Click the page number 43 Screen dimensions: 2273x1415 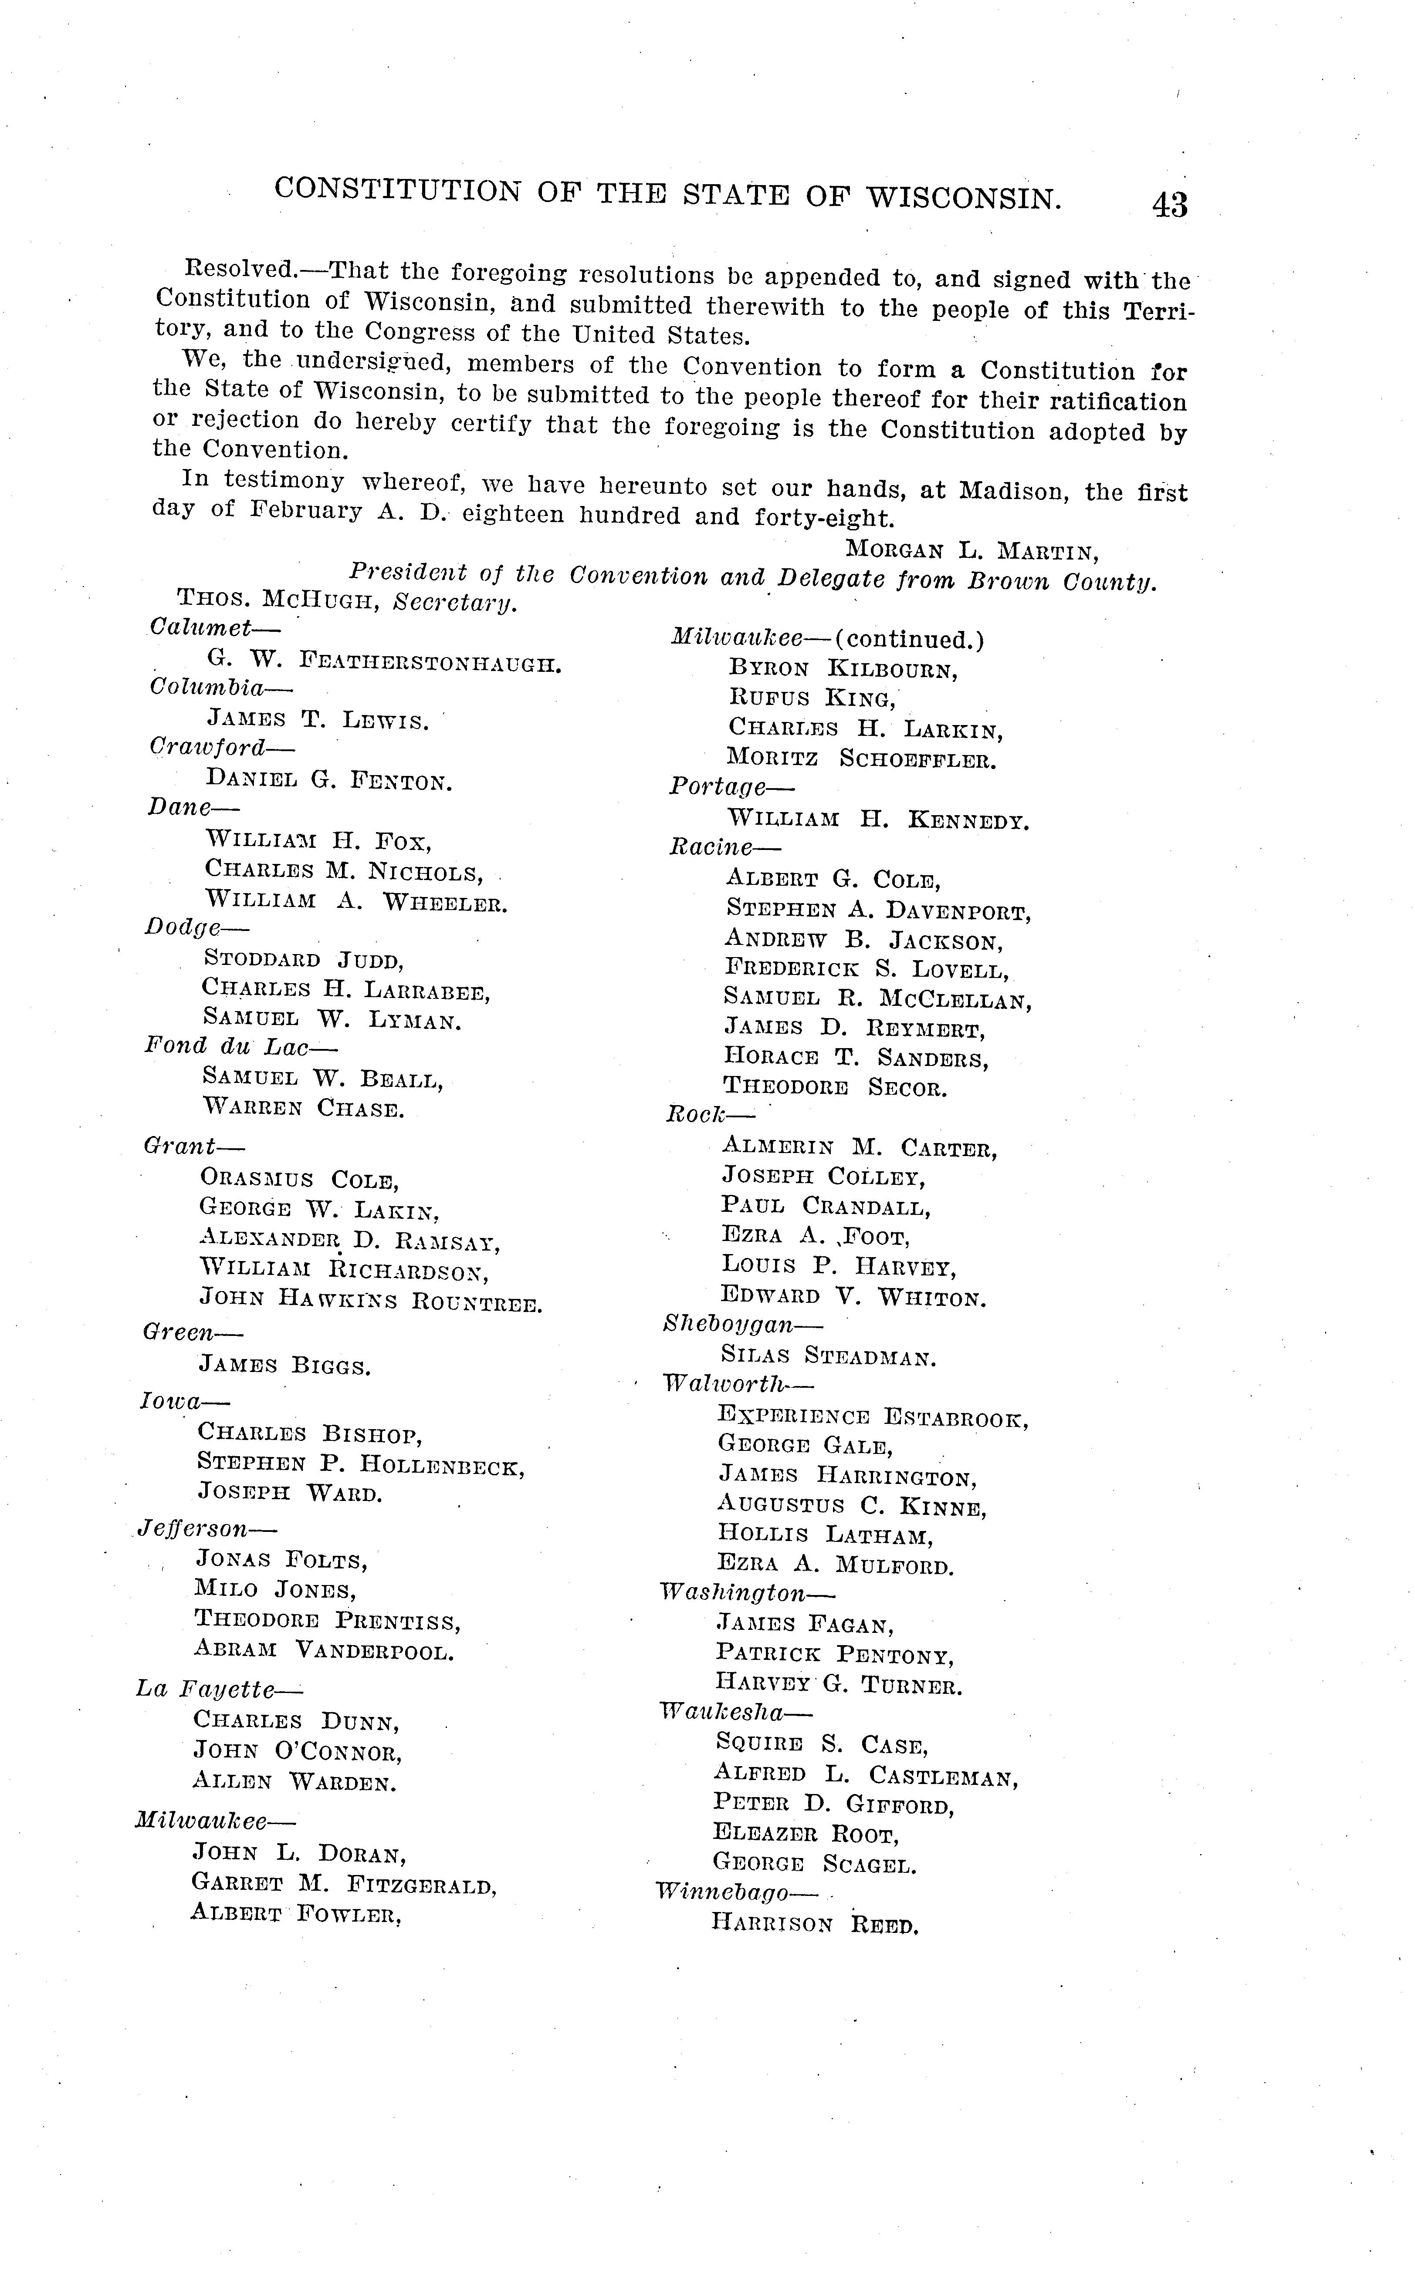(x=1170, y=204)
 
